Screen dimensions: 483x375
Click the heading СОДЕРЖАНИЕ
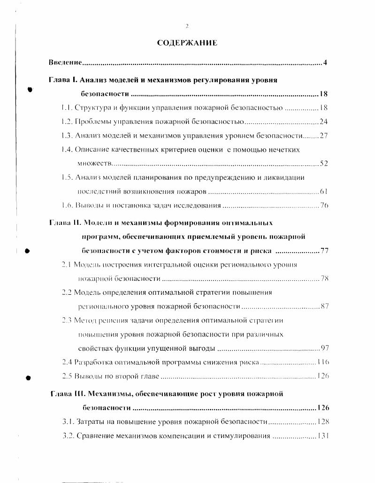[187, 43]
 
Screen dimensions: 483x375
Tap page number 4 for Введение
[325, 62]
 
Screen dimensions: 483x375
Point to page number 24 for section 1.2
[323, 122]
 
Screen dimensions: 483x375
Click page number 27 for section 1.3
[323, 136]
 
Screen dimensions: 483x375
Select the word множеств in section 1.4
[95, 163]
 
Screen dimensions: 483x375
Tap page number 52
[323, 163]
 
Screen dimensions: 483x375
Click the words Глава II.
[66, 222]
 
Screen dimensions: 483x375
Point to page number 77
[324, 251]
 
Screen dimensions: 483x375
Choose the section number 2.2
[67, 292]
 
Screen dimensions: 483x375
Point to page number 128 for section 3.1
[323, 422]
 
